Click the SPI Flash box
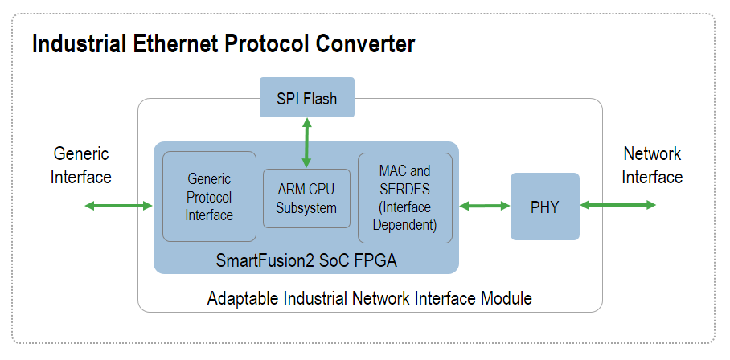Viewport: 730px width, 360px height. click(x=307, y=99)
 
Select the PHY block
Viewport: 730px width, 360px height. click(x=544, y=207)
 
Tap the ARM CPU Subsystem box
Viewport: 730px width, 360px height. click(x=306, y=198)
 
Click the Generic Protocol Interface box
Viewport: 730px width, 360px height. click(x=209, y=197)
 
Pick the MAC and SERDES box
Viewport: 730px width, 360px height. click(x=404, y=198)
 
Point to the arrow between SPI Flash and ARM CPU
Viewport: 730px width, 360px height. click(x=307, y=142)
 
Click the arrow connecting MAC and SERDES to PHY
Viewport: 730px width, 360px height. click(x=485, y=206)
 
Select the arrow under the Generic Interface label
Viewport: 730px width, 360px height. click(x=118, y=207)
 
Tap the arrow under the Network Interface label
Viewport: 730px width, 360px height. click(x=617, y=206)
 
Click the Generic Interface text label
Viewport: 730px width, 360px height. click(x=81, y=165)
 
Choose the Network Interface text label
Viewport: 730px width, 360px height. click(x=652, y=165)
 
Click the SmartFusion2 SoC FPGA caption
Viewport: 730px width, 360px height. click(x=306, y=260)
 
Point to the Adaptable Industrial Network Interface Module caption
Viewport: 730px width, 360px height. click(x=370, y=299)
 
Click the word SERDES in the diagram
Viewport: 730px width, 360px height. click(x=404, y=189)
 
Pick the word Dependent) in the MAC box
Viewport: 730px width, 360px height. click(x=404, y=225)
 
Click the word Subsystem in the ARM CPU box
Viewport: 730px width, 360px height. click(x=306, y=207)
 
